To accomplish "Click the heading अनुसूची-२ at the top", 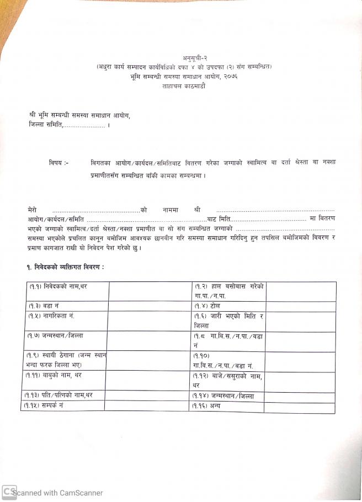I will pos(194,58).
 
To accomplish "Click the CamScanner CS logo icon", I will pos(9,492).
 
